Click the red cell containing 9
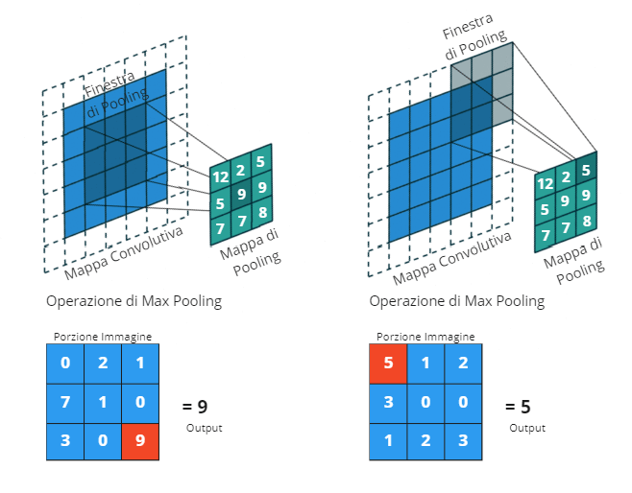140,441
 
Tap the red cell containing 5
388,364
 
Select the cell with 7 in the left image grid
65,403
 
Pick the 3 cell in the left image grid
65,441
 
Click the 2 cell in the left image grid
103,364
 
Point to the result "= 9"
196,406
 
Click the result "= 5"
519,406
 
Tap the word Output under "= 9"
204,428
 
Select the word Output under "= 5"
526,428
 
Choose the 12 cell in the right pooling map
545,183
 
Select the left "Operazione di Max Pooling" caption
134,301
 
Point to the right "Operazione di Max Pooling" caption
456,301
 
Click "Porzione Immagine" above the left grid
103,338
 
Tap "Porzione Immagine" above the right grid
425,338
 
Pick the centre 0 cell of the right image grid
425,403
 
